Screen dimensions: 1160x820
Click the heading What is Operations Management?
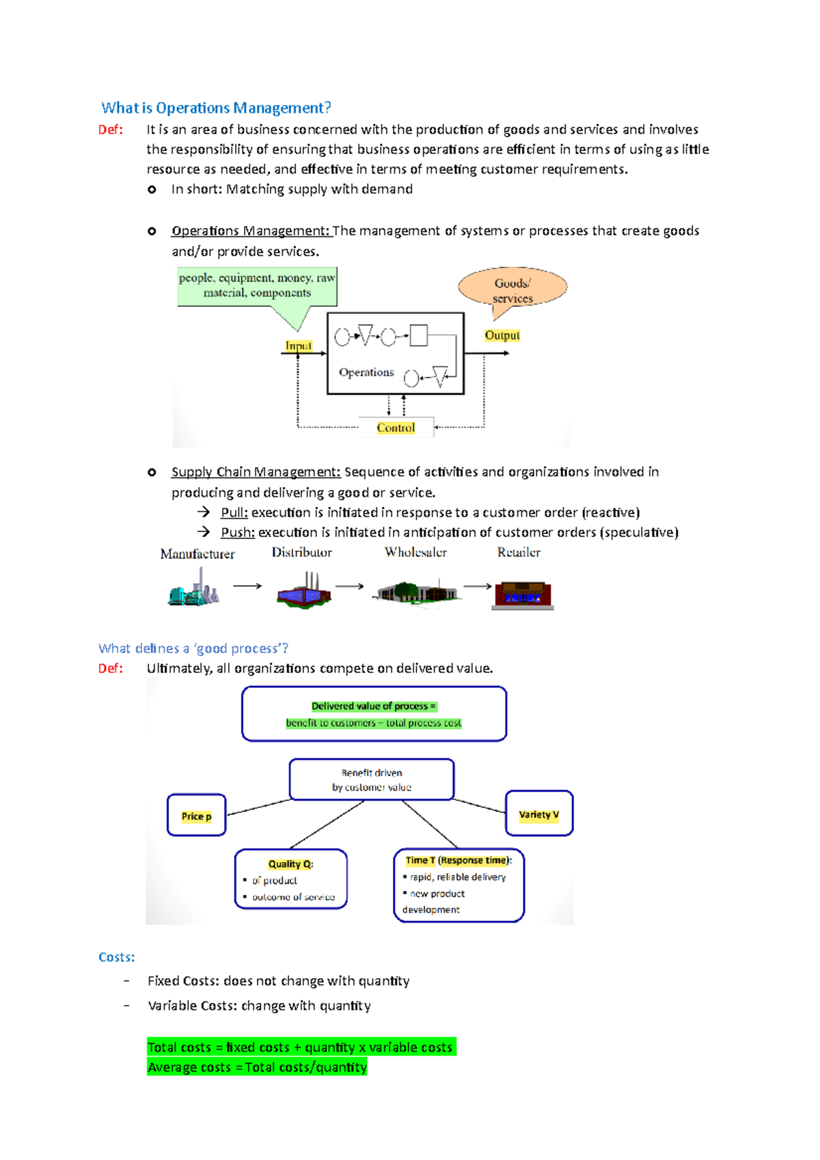[216, 108]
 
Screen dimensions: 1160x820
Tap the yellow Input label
[299, 346]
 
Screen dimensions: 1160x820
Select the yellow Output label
[502, 335]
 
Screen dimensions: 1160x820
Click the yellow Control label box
[396, 428]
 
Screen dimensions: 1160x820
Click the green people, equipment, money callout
[257, 286]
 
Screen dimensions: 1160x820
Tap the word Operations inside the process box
[366, 372]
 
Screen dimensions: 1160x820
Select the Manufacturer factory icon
[194, 589]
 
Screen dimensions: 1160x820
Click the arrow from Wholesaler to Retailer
[478, 586]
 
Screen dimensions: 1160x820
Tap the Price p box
[196, 816]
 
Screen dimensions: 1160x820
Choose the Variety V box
[538, 814]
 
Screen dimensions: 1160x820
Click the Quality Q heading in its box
[290, 864]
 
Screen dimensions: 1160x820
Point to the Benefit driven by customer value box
[372, 779]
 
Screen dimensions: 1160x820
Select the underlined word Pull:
[234, 512]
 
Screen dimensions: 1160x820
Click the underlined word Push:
[237, 532]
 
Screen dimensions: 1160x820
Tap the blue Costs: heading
[116, 957]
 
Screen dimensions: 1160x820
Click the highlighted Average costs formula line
[257, 1067]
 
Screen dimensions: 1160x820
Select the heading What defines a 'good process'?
[193, 648]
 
